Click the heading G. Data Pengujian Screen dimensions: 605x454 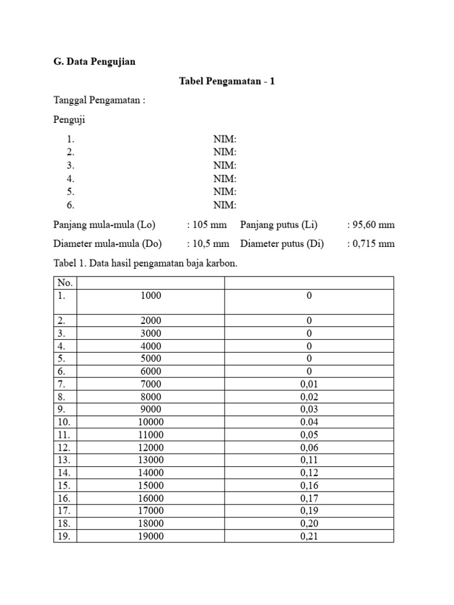[x=95, y=61]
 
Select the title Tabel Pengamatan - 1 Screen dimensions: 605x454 [x=227, y=81]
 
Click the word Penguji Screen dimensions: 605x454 [x=69, y=120]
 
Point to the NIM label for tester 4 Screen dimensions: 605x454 [x=225, y=178]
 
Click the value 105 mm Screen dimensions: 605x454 [x=209, y=225]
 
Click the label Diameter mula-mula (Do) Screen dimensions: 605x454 [x=108, y=243]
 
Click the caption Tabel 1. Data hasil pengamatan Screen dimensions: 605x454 [x=145, y=264]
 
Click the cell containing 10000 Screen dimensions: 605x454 [x=151, y=422]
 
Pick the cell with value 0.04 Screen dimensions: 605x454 [x=309, y=422]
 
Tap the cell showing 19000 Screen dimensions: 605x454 [x=151, y=536]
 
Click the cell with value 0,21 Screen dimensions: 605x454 [x=309, y=536]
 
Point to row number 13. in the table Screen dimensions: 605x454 [x=64, y=460]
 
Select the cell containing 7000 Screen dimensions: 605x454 [x=151, y=384]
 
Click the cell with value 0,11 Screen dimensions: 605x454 [x=309, y=460]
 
